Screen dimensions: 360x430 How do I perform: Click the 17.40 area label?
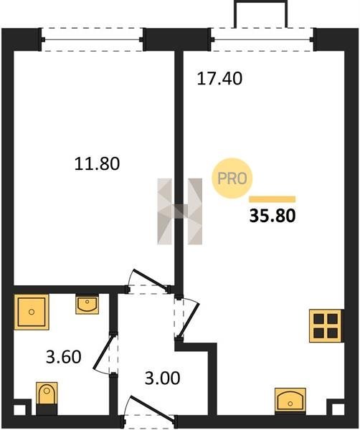pyautogui.click(x=219, y=78)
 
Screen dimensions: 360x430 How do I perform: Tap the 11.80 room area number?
pyautogui.click(x=97, y=163)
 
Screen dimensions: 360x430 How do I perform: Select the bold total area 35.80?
pyautogui.click(x=273, y=215)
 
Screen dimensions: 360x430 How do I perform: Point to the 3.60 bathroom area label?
pyautogui.click(x=64, y=357)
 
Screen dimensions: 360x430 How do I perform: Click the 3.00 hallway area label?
pyautogui.click(x=163, y=378)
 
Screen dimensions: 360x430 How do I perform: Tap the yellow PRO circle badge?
pyautogui.click(x=232, y=178)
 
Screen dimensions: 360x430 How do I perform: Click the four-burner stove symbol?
pyautogui.click(x=326, y=326)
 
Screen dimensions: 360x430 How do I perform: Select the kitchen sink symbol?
pyautogui.click(x=290, y=401)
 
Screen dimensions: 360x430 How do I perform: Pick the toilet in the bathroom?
pyautogui.click(x=47, y=398)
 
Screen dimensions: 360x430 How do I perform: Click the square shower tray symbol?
pyautogui.click(x=32, y=312)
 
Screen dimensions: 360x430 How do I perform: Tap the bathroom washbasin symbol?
pyautogui.click(x=87, y=305)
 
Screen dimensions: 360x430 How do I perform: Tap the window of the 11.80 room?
pyautogui.click(x=92, y=39)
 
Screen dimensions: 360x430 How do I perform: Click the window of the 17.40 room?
pyautogui.click(x=262, y=39)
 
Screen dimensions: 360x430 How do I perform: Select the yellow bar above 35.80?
pyautogui.click(x=273, y=199)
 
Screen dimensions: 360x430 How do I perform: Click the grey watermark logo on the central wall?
pyautogui.click(x=180, y=211)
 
